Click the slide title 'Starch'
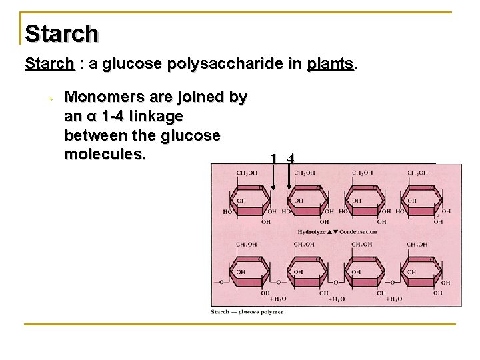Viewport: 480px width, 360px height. [61, 33]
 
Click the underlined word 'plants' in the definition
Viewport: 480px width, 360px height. [331, 65]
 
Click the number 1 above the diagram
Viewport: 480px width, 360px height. [274, 159]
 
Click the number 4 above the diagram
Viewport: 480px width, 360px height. [290, 159]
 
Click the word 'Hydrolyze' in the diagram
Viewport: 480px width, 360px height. [313, 231]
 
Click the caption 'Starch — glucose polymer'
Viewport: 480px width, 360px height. [247, 312]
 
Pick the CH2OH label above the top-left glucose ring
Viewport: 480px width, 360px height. [248, 173]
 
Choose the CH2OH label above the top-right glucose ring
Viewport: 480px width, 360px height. [419, 173]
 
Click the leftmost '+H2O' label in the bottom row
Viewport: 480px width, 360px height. [279, 299]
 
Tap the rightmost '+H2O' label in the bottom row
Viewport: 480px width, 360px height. [395, 299]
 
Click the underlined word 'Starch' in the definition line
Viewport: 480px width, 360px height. [49, 65]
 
